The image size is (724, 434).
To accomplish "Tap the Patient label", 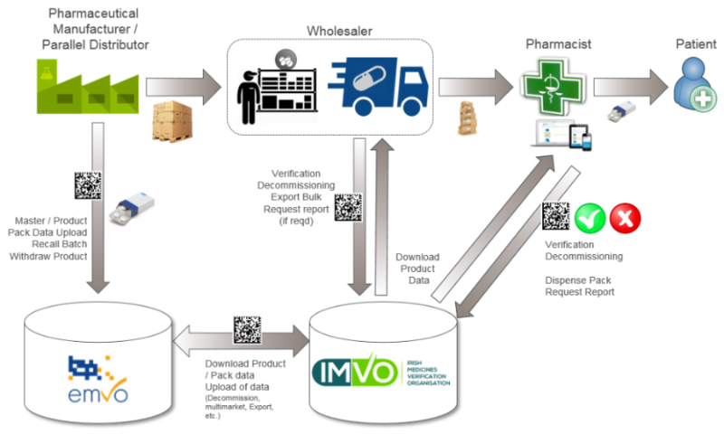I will click(696, 42).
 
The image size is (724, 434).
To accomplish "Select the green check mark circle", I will click(590, 218).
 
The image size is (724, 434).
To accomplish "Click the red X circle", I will click(624, 218).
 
